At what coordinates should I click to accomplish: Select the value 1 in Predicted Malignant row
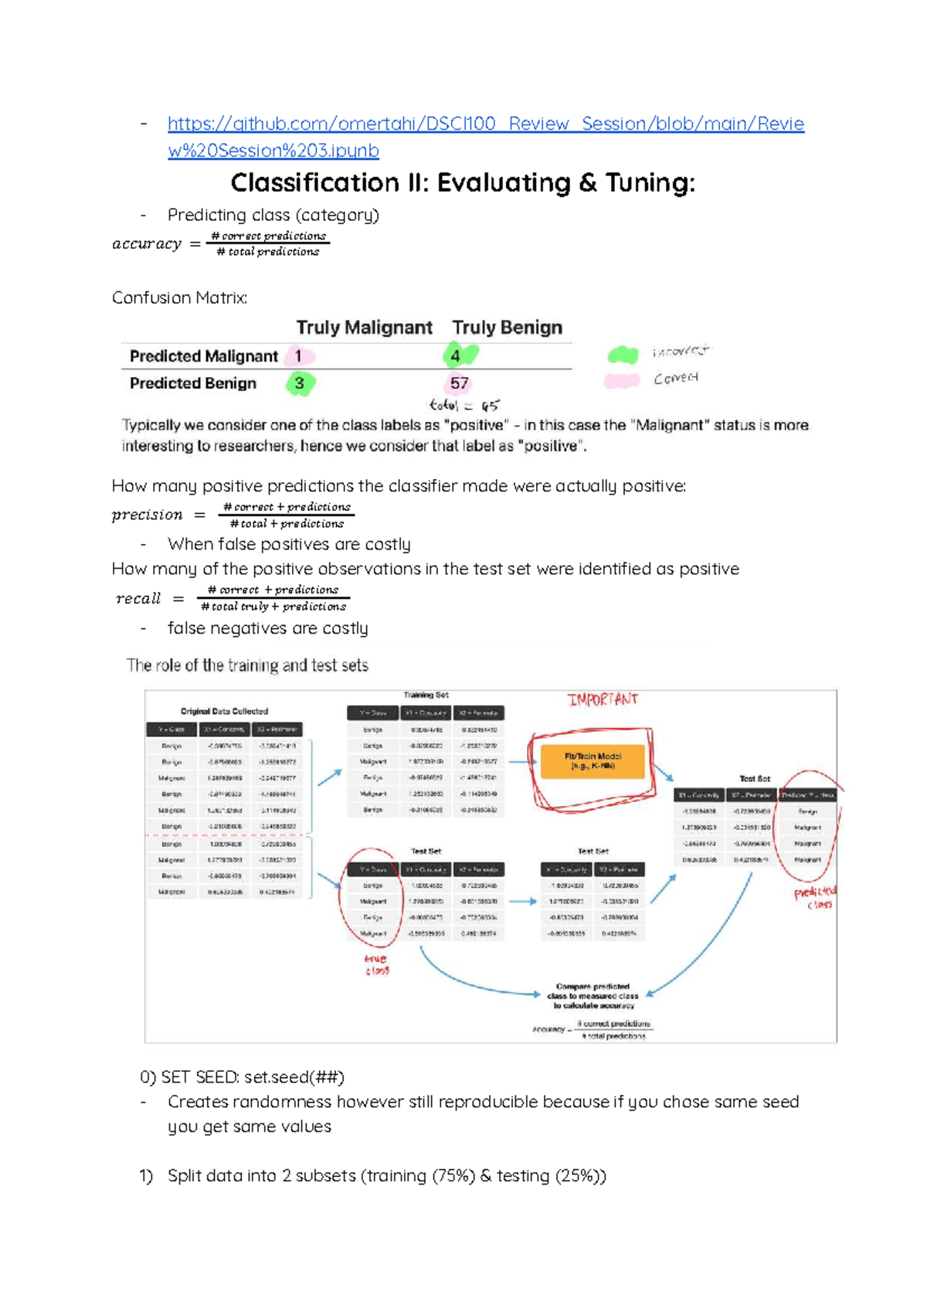tap(298, 356)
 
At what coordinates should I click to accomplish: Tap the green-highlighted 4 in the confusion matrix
tap(457, 355)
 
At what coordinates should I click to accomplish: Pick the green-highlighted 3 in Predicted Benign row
tap(299, 383)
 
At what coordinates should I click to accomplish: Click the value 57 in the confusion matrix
tap(459, 383)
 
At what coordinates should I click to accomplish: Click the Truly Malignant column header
tap(364, 328)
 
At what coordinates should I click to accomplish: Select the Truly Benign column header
tap(507, 328)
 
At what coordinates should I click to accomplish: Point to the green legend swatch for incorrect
tap(623, 355)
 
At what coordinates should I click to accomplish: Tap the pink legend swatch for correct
tap(622, 380)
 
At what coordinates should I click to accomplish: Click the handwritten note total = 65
tap(464, 406)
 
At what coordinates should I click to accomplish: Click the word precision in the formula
tap(147, 515)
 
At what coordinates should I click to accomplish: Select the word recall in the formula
tap(138, 598)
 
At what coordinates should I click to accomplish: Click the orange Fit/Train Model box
tap(593, 761)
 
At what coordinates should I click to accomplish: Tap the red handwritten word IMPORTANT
tap(603, 699)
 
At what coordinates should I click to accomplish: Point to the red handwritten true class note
tap(376, 964)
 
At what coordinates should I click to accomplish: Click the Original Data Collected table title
tap(224, 711)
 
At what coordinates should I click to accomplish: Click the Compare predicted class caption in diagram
tap(593, 996)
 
